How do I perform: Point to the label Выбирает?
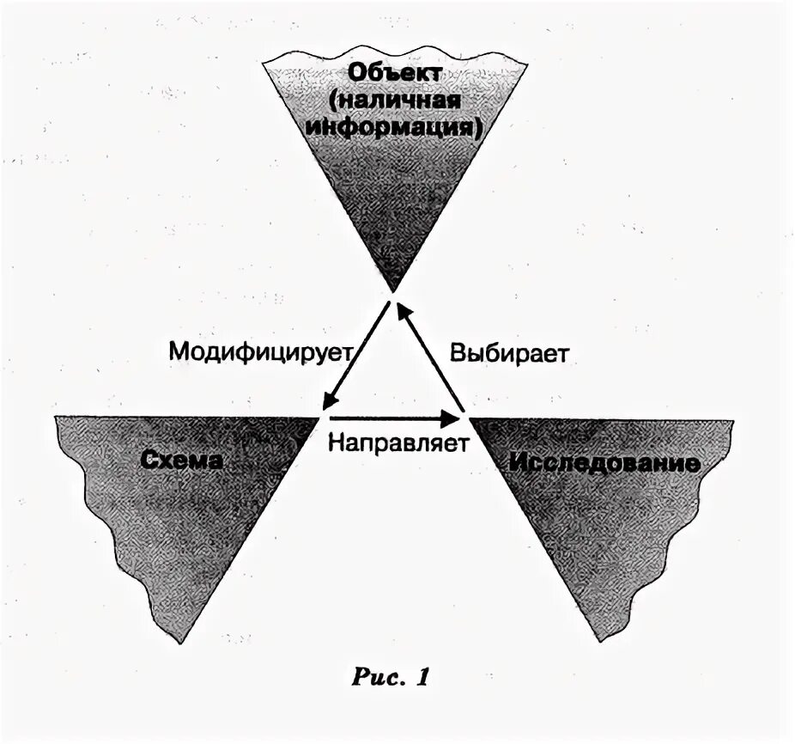click(x=510, y=353)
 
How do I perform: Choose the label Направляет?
click(x=397, y=444)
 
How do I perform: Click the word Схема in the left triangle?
click(x=182, y=460)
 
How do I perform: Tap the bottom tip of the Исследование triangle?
click(x=604, y=641)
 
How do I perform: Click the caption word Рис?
click(x=378, y=677)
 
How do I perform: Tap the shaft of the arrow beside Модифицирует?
click(x=356, y=352)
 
